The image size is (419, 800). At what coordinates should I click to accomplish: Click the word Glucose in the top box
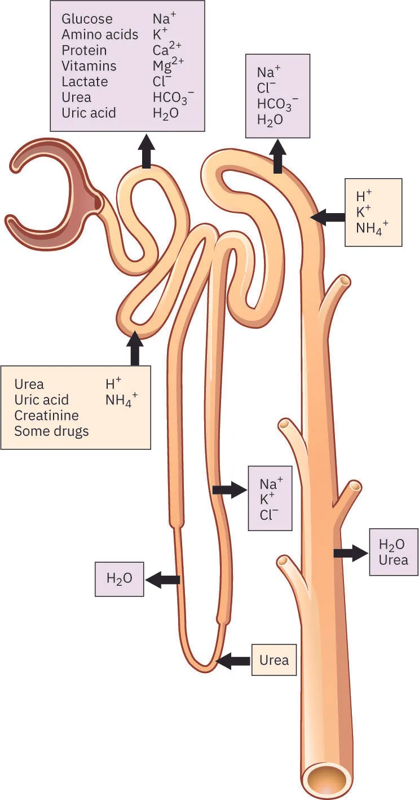pos(87,19)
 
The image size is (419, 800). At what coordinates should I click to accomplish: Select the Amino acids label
pos(99,35)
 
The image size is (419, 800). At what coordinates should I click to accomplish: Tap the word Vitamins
pos(89,66)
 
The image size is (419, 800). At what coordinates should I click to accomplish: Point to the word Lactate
pos(84,82)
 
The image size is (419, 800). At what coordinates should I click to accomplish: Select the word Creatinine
pos(46,416)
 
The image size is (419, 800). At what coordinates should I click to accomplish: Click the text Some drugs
pos(51,431)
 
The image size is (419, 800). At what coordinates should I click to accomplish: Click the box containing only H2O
pos(119,578)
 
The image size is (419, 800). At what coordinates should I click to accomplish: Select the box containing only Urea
pos(274,660)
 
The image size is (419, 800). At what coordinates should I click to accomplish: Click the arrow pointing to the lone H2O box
pos(162,579)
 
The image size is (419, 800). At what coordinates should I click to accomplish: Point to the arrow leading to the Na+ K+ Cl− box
pos(230,490)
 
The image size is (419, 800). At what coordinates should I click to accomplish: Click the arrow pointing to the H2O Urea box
pos(350,553)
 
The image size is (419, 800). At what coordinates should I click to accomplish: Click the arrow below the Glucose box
pos(147,151)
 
